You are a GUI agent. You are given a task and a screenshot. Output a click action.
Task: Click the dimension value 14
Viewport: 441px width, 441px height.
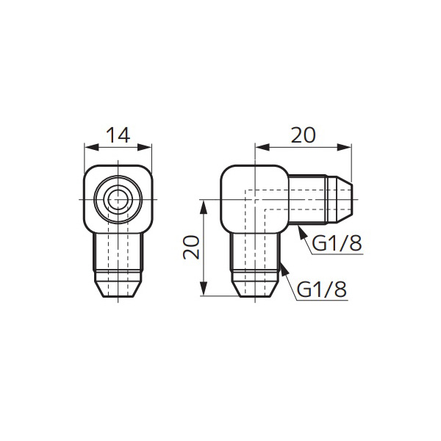118,135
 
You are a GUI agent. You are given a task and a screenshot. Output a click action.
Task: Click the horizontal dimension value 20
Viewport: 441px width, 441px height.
303,135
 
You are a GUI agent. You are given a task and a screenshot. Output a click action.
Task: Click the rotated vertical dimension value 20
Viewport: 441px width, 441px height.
191,247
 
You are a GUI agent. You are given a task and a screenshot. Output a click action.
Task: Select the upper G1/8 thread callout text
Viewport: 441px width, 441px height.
337,243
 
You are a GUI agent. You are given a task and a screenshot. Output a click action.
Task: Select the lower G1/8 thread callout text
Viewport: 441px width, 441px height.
322,290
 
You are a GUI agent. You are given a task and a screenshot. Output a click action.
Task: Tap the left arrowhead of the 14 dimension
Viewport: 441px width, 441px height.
92,147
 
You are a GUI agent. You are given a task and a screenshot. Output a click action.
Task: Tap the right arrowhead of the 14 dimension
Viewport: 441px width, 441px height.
144,147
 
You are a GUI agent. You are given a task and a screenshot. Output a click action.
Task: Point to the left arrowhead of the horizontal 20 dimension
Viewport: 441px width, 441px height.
262,147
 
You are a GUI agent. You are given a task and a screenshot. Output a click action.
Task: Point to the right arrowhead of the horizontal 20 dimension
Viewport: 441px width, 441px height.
344,147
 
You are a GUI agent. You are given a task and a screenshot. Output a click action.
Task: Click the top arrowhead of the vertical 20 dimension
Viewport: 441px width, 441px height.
204,207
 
